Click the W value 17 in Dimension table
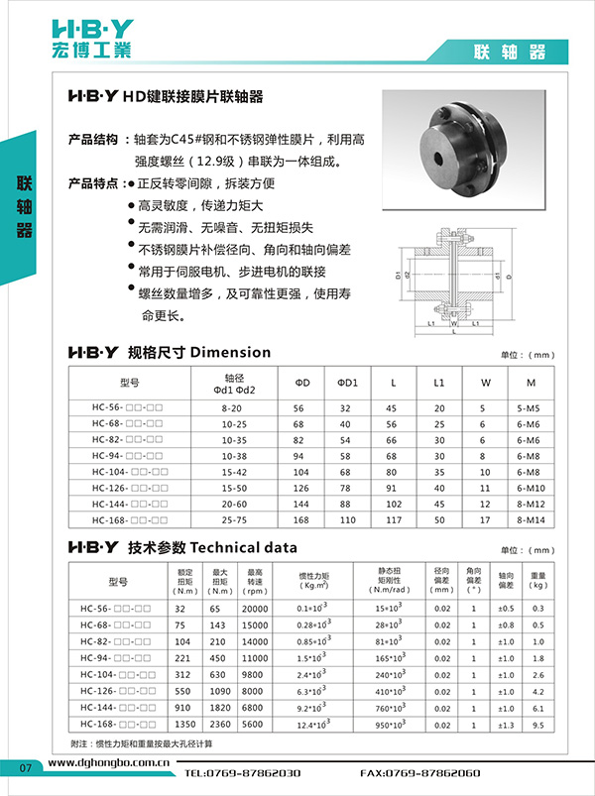click(x=484, y=518)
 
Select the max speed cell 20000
click(x=255, y=609)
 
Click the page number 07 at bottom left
click(x=27, y=765)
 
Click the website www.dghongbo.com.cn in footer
click(x=108, y=765)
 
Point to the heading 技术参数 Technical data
click(x=212, y=547)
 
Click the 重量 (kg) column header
click(x=538, y=580)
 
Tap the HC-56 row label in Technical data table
click(x=115, y=609)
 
